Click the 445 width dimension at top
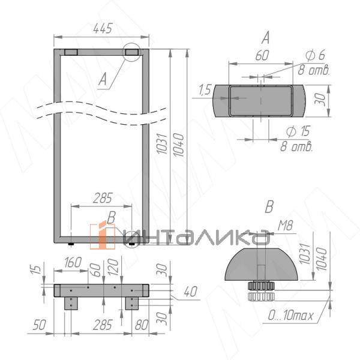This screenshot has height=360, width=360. click(x=103, y=28)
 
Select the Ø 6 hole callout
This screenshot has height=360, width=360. click(x=315, y=55)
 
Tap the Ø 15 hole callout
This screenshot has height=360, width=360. click(x=298, y=131)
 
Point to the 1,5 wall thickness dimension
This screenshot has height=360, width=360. click(x=205, y=89)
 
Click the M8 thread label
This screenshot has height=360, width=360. click(x=285, y=226)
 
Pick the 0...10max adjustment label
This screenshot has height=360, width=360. click(x=290, y=316)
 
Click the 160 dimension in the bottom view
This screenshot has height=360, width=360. click(x=73, y=262)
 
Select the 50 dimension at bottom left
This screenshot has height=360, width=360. click(x=39, y=325)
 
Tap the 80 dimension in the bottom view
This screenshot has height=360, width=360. click(x=142, y=325)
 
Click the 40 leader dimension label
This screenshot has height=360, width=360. click(x=191, y=292)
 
